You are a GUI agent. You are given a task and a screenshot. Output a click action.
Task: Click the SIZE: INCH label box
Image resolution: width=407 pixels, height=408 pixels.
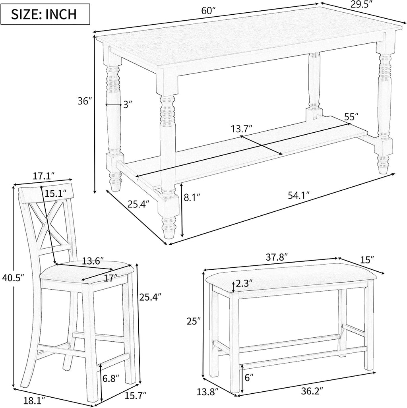(45, 14)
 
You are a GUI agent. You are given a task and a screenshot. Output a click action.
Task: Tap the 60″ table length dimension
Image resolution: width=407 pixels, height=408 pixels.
(209, 11)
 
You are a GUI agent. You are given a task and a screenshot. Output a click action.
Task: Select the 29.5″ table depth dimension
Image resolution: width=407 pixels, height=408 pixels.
(361, 5)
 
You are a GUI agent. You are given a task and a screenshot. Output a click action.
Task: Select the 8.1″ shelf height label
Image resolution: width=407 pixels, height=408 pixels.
(192, 197)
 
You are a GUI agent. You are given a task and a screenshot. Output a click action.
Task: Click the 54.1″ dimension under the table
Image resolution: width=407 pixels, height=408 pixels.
(299, 195)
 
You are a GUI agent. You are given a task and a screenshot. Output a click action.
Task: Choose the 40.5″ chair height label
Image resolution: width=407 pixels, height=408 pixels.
(13, 278)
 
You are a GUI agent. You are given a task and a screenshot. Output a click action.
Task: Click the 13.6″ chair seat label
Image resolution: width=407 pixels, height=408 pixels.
(93, 261)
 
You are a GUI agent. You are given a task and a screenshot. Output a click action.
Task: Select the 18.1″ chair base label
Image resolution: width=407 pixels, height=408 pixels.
(34, 401)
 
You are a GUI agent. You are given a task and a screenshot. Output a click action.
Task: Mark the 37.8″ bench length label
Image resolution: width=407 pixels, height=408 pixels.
(277, 257)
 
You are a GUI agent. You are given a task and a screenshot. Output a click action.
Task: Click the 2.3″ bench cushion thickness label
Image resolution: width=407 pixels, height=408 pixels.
(244, 283)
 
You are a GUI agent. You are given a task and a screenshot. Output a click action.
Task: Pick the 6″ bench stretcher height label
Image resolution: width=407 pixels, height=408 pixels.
(248, 377)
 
